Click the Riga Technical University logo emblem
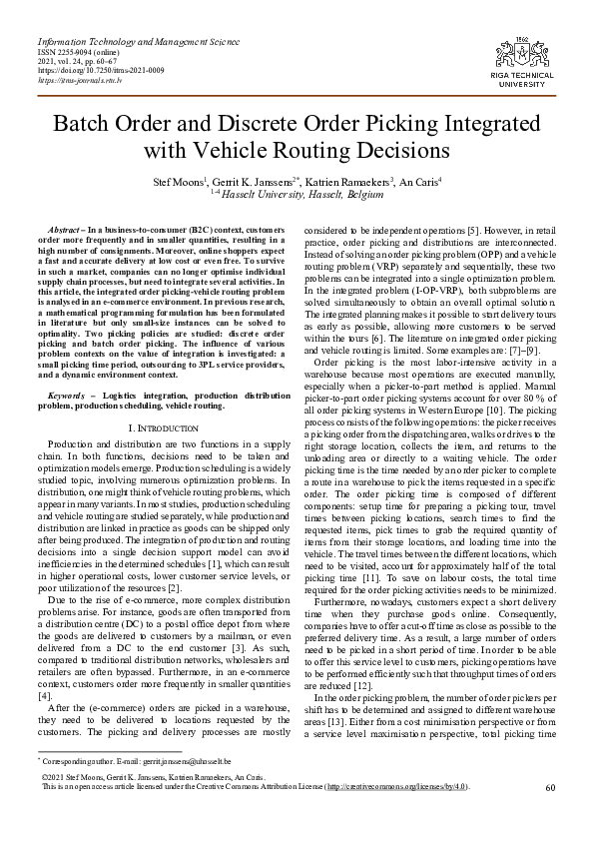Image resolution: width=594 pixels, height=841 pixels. coord(534,53)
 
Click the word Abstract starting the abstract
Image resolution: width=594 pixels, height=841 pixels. coord(72,232)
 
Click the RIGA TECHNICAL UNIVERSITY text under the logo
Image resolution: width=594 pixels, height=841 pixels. coord(535,82)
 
